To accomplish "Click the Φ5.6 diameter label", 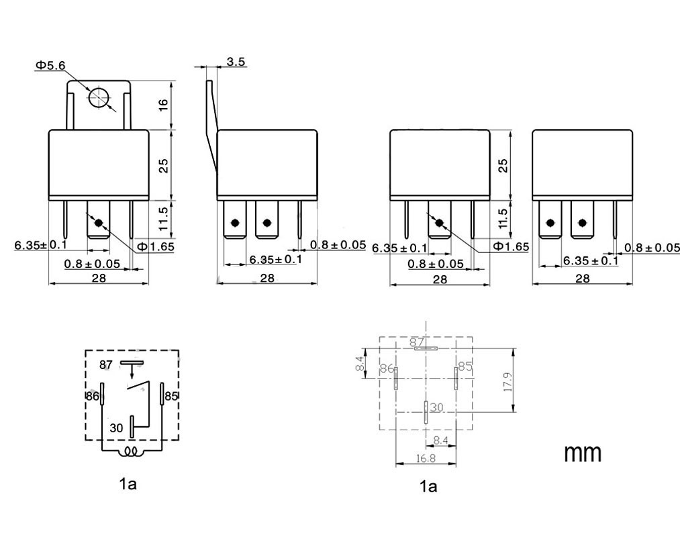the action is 50,66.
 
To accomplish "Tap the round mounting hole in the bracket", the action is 99,97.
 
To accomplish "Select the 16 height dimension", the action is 163,105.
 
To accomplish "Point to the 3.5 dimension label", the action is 236,62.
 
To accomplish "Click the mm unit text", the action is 583,453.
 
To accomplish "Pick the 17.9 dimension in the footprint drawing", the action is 508,382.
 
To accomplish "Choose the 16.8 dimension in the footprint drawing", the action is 426,458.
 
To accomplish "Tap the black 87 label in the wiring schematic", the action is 106,364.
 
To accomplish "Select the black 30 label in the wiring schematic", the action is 116,428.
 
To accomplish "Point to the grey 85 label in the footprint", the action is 465,366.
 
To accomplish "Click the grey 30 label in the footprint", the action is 437,407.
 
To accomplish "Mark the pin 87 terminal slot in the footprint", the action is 426,348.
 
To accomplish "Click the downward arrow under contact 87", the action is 132,371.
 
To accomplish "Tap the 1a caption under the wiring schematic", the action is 128,484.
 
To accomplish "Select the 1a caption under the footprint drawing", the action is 428,487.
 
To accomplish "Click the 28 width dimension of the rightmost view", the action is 583,279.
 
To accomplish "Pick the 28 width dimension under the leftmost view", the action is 99,278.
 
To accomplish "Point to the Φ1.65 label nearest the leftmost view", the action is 156,247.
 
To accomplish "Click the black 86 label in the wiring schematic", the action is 93,396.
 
